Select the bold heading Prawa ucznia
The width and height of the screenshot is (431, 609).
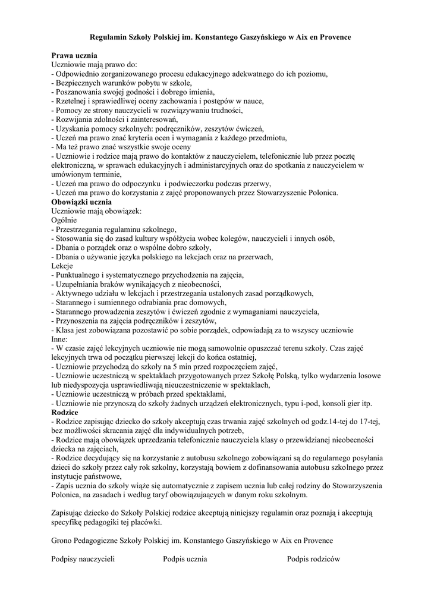[x=73, y=55]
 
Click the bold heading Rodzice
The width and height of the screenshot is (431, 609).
[x=65, y=412]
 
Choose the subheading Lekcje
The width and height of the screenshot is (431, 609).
[x=62, y=266]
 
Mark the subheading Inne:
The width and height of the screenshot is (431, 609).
[x=60, y=339]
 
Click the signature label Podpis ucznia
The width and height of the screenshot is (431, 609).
[x=185, y=559]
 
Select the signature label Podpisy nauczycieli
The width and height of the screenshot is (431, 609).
[x=83, y=559]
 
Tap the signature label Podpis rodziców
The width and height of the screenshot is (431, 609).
[x=313, y=559]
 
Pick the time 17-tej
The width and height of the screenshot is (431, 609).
[x=367, y=421]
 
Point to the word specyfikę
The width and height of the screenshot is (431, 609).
[x=70, y=523]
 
